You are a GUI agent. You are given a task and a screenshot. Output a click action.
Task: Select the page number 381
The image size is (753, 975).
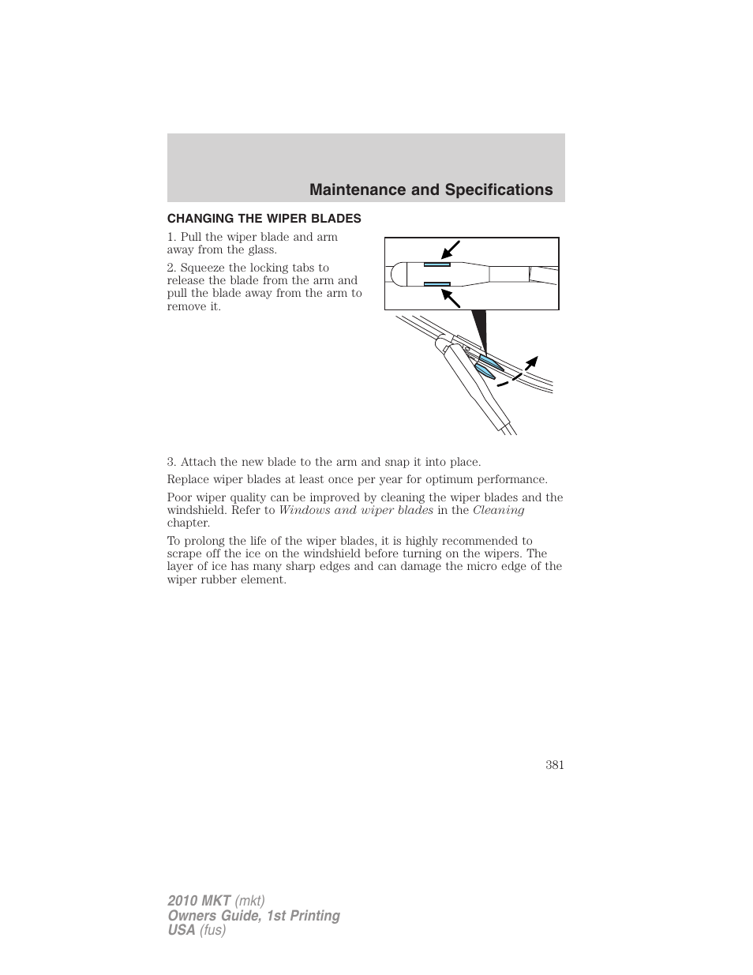click(554, 764)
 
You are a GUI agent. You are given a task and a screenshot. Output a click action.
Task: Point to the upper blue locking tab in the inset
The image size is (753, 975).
click(436, 264)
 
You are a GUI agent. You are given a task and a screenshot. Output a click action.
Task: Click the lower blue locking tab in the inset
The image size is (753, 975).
click(436, 283)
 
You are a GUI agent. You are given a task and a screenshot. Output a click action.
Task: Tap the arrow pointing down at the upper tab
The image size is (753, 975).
click(450, 250)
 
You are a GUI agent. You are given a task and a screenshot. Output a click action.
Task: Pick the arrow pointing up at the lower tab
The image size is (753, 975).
click(450, 298)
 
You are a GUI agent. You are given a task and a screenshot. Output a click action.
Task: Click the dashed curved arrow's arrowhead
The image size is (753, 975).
click(533, 362)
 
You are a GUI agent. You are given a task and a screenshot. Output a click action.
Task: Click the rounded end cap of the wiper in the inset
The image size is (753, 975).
click(396, 274)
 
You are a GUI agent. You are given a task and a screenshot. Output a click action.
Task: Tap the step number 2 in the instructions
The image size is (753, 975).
click(170, 268)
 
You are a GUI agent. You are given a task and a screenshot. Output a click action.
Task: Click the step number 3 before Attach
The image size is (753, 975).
click(170, 462)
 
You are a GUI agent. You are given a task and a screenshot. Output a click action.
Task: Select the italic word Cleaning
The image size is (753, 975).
click(498, 510)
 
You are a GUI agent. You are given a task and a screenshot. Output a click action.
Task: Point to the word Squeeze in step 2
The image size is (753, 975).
click(202, 268)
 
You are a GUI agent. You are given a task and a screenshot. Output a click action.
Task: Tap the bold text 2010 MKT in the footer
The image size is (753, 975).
click(199, 901)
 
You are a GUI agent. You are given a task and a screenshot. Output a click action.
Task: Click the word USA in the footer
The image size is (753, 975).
click(182, 930)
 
